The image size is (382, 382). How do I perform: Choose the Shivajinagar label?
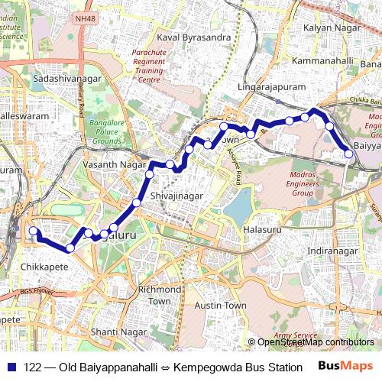(x=177, y=196)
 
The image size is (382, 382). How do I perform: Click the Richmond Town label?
(x=160, y=296)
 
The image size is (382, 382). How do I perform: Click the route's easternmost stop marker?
(x=349, y=154)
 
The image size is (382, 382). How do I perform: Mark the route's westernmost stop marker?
(x=33, y=231)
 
